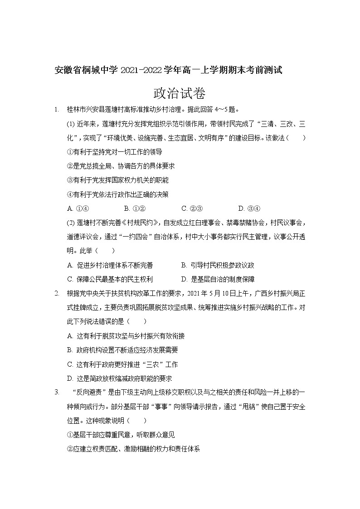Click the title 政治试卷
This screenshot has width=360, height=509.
180,93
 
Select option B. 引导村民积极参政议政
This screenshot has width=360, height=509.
218,265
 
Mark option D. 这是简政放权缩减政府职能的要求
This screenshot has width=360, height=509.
119,378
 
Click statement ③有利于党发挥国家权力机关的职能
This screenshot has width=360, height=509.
117,180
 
